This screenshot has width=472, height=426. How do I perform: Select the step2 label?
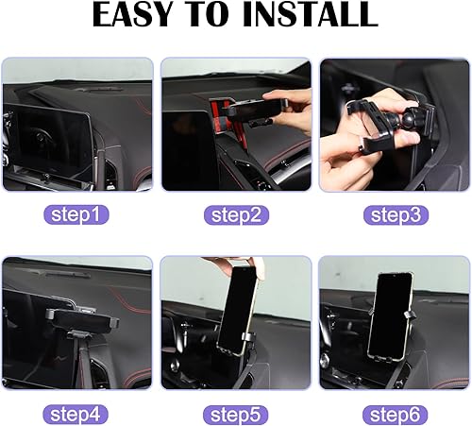pos(235,215)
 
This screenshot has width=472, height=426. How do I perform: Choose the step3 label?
pos(394,215)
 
